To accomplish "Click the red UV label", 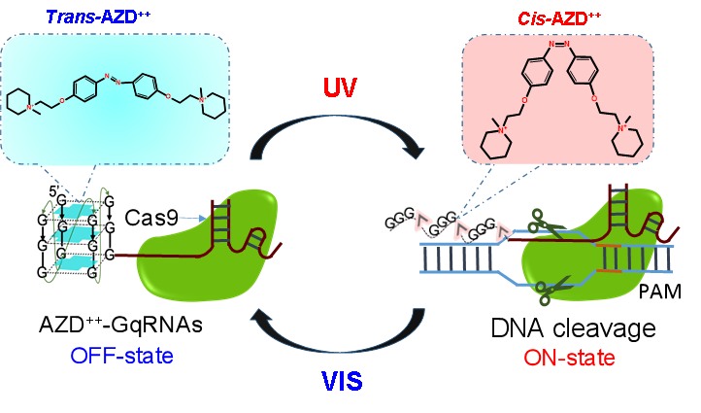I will pos(340,88).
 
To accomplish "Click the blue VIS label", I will pos(341,380).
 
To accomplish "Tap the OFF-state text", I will pos(122,356).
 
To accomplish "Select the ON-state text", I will pos(569,358).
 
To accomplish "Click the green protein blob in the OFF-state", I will pos(204,262).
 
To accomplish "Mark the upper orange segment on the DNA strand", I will pos(609,246).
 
